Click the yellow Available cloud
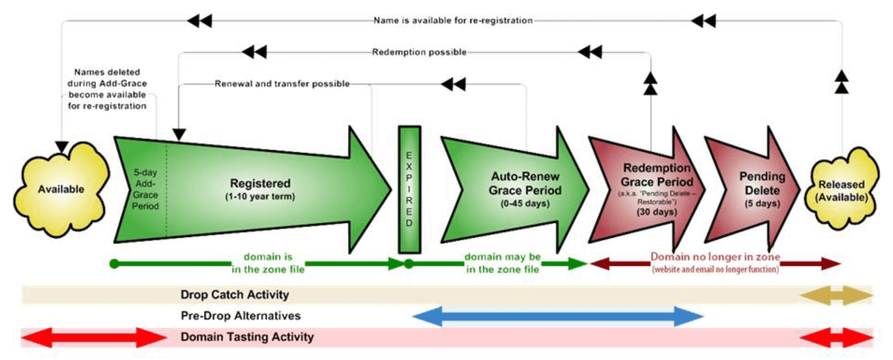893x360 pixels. tap(61, 190)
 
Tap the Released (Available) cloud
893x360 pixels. tap(842, 190)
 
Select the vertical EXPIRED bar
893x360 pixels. tap(409, 190)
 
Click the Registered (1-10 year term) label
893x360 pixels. tap(260, 190)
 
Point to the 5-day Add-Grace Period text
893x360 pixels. tap(145, 189)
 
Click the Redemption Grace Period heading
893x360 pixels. tap(657, 175)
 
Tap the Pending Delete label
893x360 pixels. tap(762, 183)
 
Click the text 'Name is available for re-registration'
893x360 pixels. tap(453, 21)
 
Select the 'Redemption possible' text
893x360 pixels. tap(419, 52)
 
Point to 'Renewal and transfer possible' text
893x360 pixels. tap(282, 84)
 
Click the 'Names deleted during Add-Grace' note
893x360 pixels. tap(107, 89)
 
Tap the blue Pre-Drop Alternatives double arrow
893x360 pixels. tap(558, 316)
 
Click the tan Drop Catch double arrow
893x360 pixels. tap(836, 295)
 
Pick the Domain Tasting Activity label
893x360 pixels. tap(247, 337)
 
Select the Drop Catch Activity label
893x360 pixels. tap(235, 294)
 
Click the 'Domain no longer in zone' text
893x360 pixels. tap(715, 257)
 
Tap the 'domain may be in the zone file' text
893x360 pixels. tap(503, 263)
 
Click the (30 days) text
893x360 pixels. tap(657, 212)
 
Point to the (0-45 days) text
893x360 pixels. tap(525, 203)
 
